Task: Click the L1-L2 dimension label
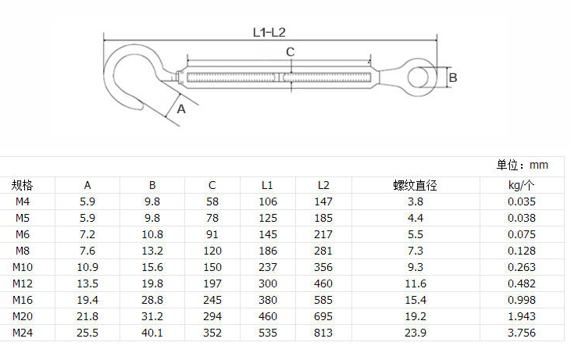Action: (269, 33)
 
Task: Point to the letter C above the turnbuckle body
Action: (290, 52)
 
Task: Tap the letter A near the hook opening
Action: (181, 109)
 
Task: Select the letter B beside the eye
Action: (453, 78)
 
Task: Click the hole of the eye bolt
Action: (419, 78)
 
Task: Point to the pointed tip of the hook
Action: (142, 107)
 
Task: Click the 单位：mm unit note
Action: (522, 165)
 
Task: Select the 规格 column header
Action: (22, 185)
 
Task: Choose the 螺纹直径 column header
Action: (415, 185)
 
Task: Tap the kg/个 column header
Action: (521, 185)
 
